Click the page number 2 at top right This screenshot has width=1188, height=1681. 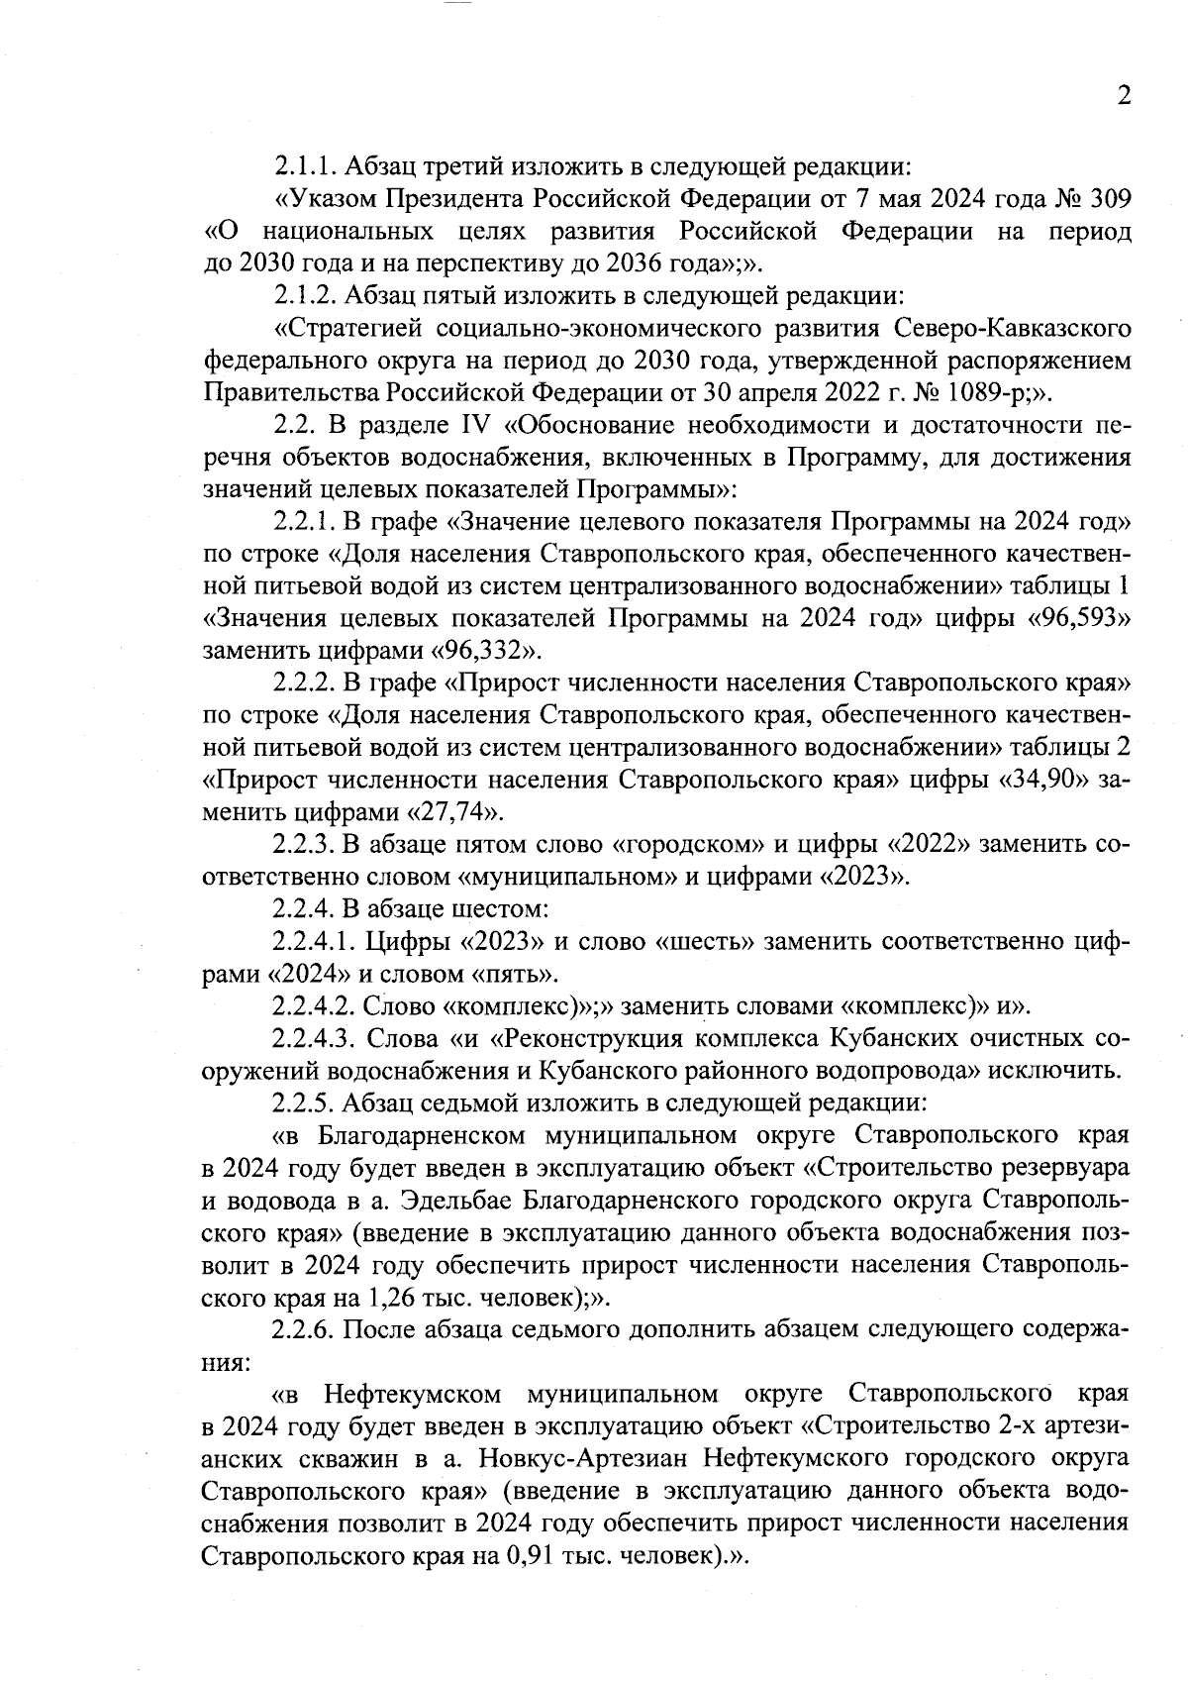coord(1123,95)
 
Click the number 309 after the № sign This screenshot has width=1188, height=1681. coord(1105,198)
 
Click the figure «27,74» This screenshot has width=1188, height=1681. coord(455,812)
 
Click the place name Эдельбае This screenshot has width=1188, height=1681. coord(452,1200)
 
